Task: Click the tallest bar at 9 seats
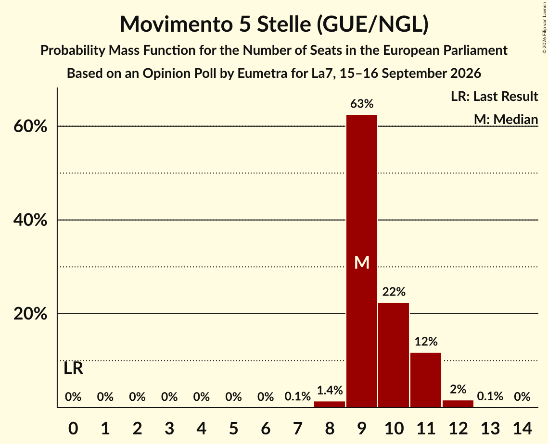coord(362,261)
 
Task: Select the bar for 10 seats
coord(394,355)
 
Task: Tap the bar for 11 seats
coord(426,380)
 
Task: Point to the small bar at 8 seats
coord(330,404)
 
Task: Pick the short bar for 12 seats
coord(458,404)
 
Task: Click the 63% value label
coord(362,104)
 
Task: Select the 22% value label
coord(394,292)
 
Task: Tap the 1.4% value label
coord(330,390)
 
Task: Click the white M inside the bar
coord(362,262)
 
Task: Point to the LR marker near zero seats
coord(74,368)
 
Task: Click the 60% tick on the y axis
coord(30,126)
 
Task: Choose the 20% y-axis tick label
coord(30,314)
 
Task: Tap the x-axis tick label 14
coord(522,428)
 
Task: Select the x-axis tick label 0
coord(73,428)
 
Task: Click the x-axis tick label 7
coord(297,428)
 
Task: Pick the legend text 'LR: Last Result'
coord(494,96)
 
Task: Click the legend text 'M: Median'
coord(506,119)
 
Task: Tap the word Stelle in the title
coord(284,24)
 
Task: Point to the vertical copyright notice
coord(545,27)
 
